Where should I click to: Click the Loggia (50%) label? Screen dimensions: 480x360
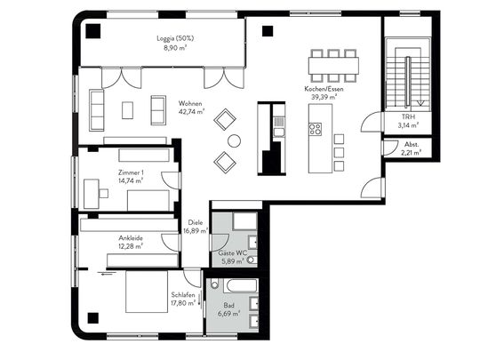click(175, 38)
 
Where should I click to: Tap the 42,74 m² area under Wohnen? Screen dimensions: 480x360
click(192, 111)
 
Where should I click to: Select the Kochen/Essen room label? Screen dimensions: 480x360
click(324, 89)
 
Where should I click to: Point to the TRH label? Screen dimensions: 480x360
click(408, 116)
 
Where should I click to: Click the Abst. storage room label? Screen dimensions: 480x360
click(412, 144)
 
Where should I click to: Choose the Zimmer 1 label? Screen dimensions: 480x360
click(131, 172)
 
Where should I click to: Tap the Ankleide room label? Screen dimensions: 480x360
click(131, 238)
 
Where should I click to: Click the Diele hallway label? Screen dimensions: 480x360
click(196, 222)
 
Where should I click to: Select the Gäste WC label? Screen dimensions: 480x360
click(232, 253)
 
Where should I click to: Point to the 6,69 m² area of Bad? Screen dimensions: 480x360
click(229, 314)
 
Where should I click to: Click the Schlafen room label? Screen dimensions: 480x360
click(183, 295)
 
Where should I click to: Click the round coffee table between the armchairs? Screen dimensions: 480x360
click(234, 140)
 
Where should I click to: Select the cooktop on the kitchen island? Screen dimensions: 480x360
click(316, 129)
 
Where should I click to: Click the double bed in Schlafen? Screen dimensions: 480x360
click(147, 292)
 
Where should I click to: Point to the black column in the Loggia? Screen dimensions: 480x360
click(93, 31)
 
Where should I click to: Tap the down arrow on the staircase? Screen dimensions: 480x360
click(421, 102)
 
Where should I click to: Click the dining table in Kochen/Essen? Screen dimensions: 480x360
click(333, 66)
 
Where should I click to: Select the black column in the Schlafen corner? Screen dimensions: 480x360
click(93, 318)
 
